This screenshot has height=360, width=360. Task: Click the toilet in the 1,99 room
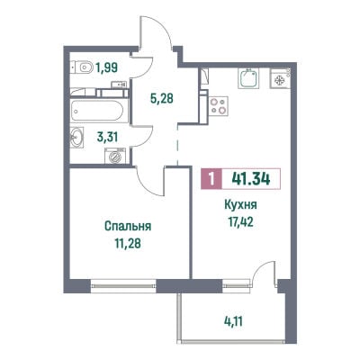(82, 67)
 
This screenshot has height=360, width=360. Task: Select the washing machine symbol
(114, 156)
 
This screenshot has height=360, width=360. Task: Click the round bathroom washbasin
(76, 138)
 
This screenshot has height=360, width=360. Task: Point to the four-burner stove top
(219, 106)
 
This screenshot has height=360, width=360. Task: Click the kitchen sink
(248, 78)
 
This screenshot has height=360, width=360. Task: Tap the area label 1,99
(107, 67)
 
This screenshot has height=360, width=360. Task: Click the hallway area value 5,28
(162, 98)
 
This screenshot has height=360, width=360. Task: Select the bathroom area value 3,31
(107, 138)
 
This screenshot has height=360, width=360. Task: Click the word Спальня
(128, 227)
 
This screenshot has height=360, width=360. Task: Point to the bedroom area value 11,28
(128, 243)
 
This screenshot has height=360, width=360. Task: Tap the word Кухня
(240, 205)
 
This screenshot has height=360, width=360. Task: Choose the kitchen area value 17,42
(240, 222)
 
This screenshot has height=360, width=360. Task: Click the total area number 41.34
(251, 179)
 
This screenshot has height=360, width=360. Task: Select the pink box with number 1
(211, 179)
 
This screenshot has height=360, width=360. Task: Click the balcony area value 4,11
(233, 322)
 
